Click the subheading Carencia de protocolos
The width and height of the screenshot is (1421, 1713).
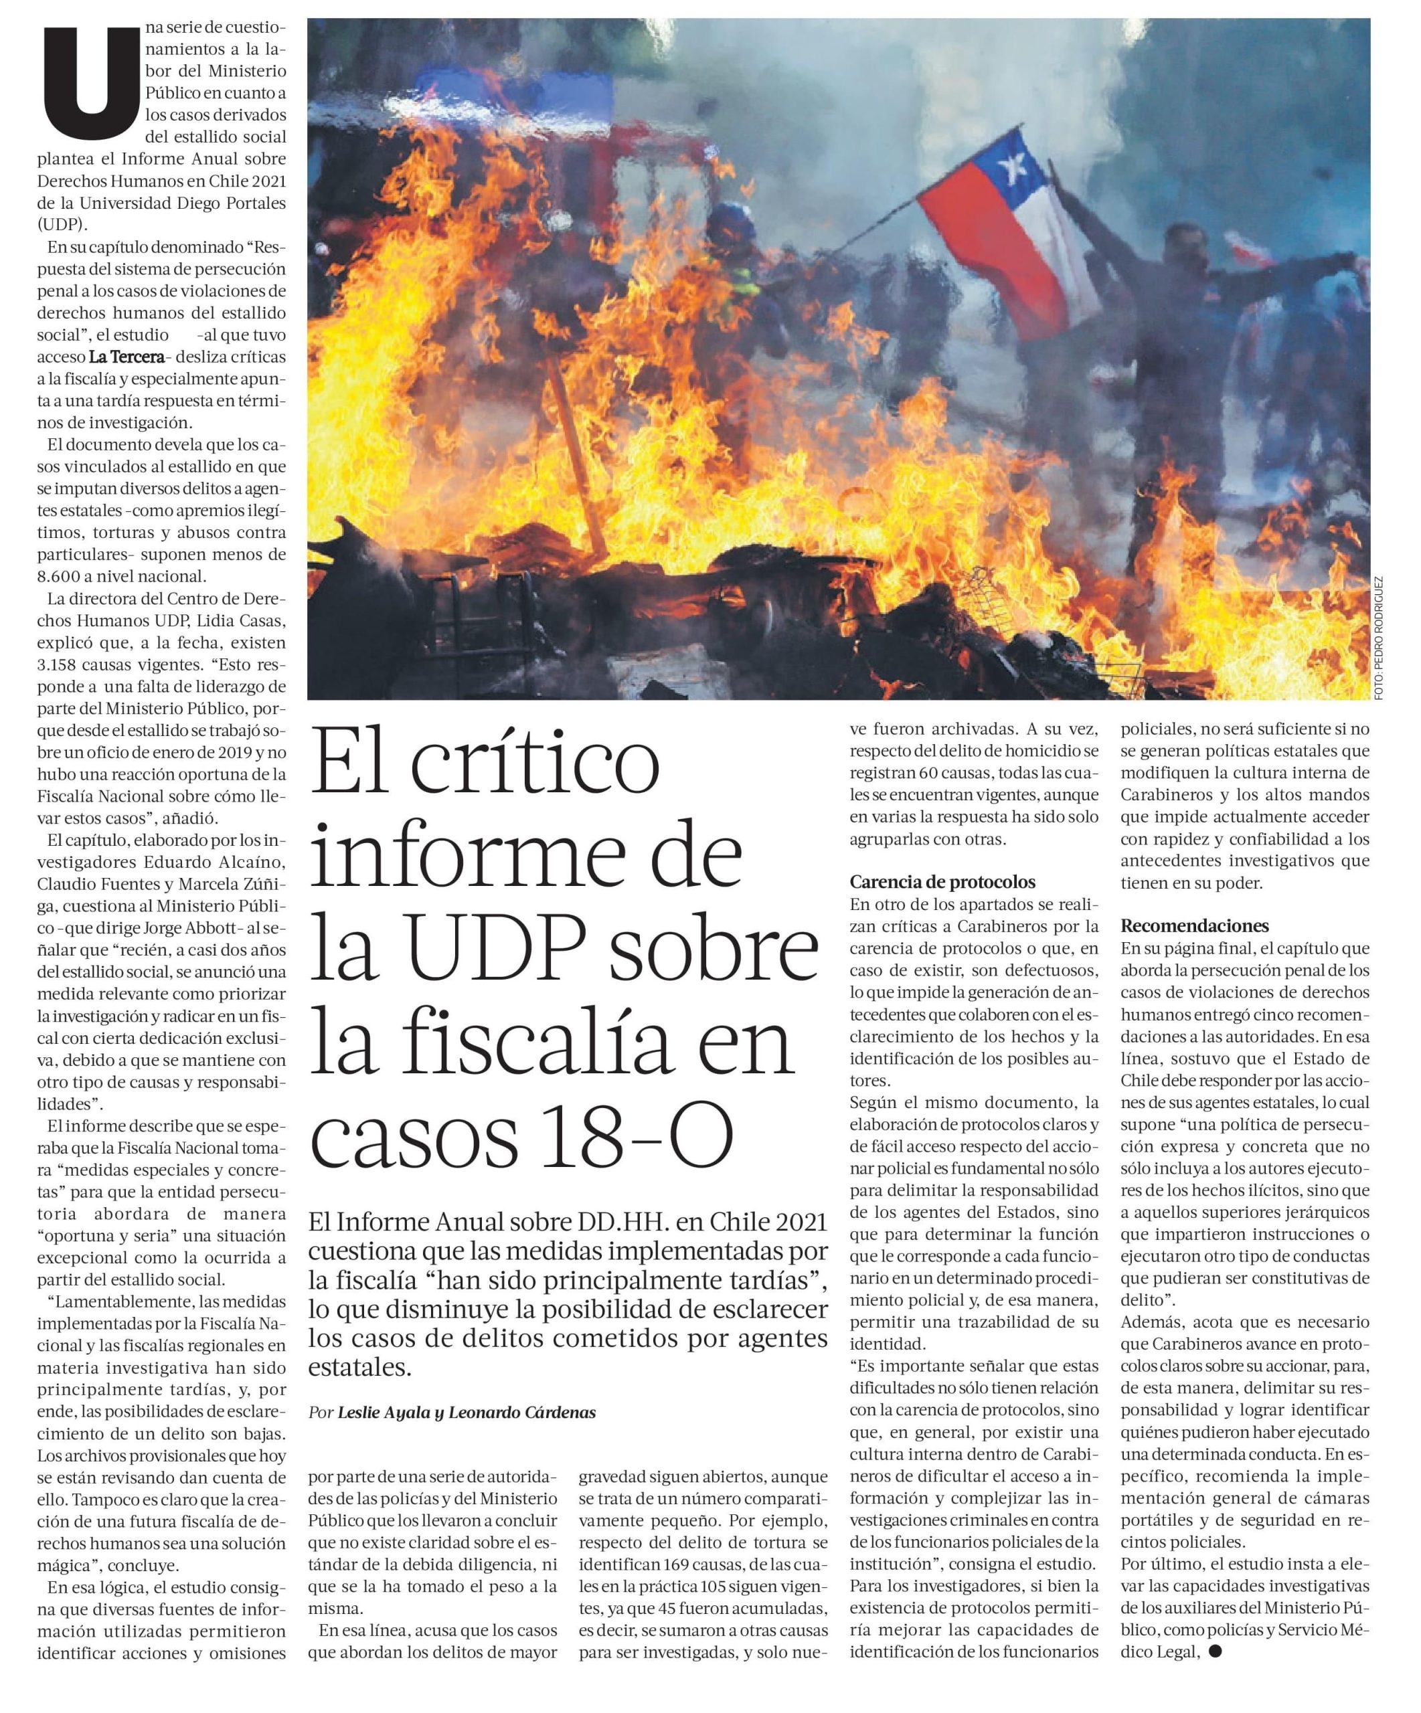point(942,882)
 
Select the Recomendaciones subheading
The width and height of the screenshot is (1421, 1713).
point(1194,926)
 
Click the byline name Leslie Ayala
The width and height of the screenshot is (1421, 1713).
point(384,1412)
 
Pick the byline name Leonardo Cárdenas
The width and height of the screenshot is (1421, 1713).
point(522,1412)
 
